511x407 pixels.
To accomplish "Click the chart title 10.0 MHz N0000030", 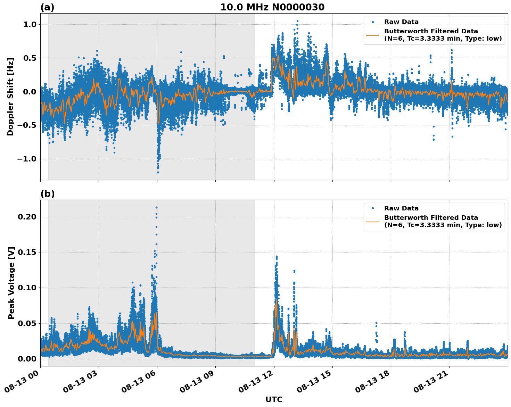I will coord(272,7).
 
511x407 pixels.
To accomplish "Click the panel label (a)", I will coord(47,7).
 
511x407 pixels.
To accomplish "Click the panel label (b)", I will coord(47,194).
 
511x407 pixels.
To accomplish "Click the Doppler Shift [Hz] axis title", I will coord(10,97).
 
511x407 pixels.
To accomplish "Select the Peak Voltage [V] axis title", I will coord(11,283).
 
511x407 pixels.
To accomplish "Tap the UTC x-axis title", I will coord(274,399).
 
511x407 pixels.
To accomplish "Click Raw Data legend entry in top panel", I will coord(401,22).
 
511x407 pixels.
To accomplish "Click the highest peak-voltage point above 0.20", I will coord(156,207).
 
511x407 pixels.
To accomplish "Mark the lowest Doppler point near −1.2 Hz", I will coord(158,172).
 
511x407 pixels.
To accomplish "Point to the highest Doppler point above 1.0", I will coord(297,21).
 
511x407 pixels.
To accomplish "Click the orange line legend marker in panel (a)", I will coord(372,35).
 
